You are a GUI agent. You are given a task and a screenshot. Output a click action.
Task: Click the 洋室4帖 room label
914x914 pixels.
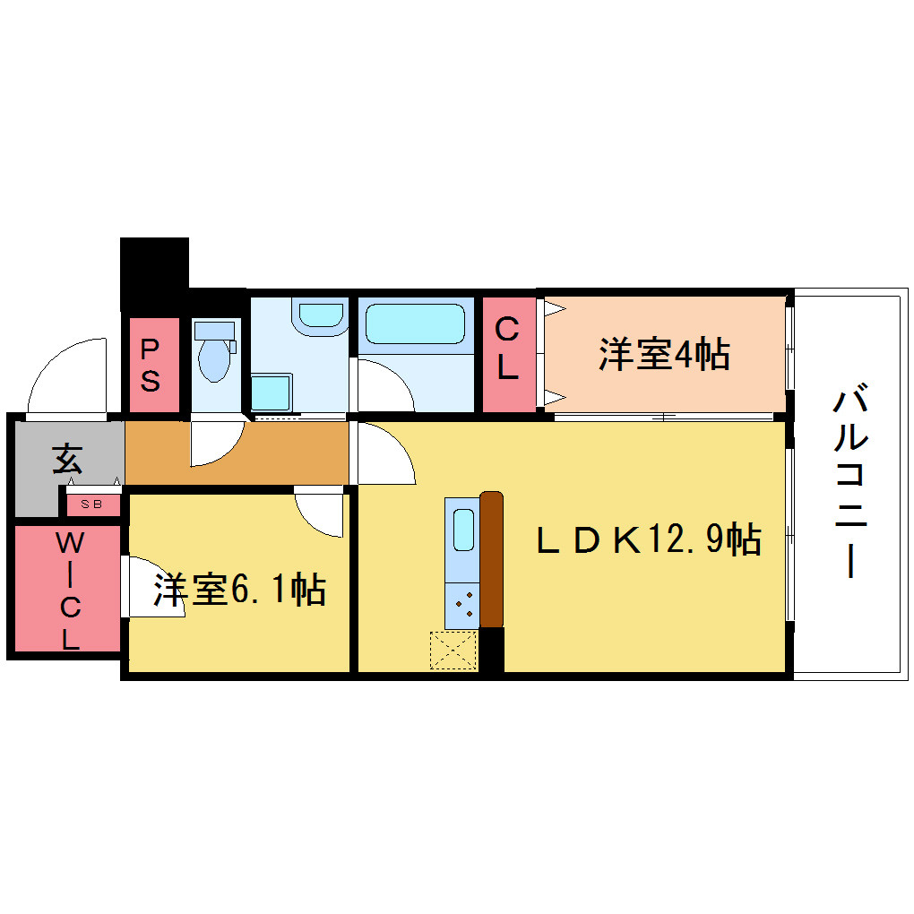coord(664,354)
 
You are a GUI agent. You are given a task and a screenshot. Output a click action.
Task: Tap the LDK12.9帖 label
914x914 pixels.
coord(649,539)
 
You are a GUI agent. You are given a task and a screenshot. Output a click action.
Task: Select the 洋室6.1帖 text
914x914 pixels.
coord(239,590)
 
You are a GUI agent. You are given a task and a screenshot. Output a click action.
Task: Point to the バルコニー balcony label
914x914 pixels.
coord(851,479)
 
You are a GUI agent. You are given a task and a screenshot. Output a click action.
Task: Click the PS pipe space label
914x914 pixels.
coord(151,366)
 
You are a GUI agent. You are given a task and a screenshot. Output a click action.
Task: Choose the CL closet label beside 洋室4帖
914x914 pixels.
coord(507,349)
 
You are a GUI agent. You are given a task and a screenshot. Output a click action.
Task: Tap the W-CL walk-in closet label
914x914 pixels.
coord(70,591)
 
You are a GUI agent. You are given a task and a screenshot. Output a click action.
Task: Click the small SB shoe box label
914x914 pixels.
coord(91,504)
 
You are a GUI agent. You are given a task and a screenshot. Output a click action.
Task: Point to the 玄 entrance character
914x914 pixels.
coord(67,459)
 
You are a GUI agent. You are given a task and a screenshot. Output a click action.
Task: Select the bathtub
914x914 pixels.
coord(415,324)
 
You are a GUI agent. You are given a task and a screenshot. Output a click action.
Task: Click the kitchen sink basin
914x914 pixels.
coord(463,530)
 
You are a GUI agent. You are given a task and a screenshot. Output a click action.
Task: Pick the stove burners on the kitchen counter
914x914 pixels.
coord(463,605)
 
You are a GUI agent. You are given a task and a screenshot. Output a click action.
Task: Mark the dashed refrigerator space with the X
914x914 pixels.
coord(453,650)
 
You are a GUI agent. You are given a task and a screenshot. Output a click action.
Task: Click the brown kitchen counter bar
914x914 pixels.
coord(491,559)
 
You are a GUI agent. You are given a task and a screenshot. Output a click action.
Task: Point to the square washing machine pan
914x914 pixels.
coord(271,392)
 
